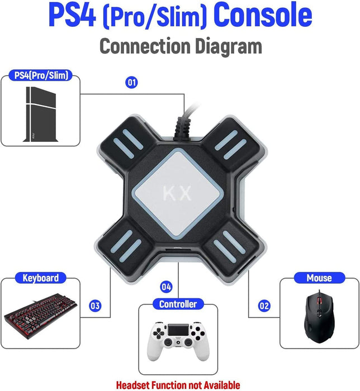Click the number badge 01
131,83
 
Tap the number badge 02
264,306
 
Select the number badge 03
95,306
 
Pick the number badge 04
166,287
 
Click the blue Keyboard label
40,278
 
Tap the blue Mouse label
319,278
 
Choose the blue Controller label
178,304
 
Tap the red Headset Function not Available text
178,384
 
